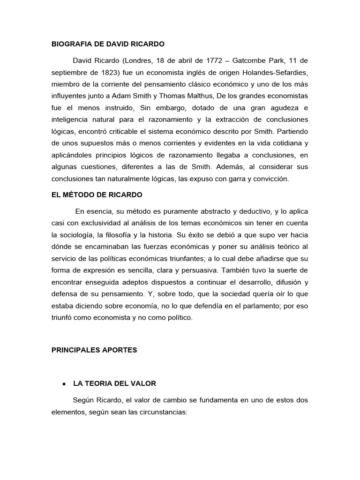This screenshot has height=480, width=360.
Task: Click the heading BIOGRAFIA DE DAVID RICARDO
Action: coord(108,45)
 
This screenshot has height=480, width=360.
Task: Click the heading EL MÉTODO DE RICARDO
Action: coord(97,194)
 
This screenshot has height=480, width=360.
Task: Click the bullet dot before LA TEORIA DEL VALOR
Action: coord(63,384)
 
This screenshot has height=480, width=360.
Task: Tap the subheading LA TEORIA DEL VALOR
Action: coord(115,383)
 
